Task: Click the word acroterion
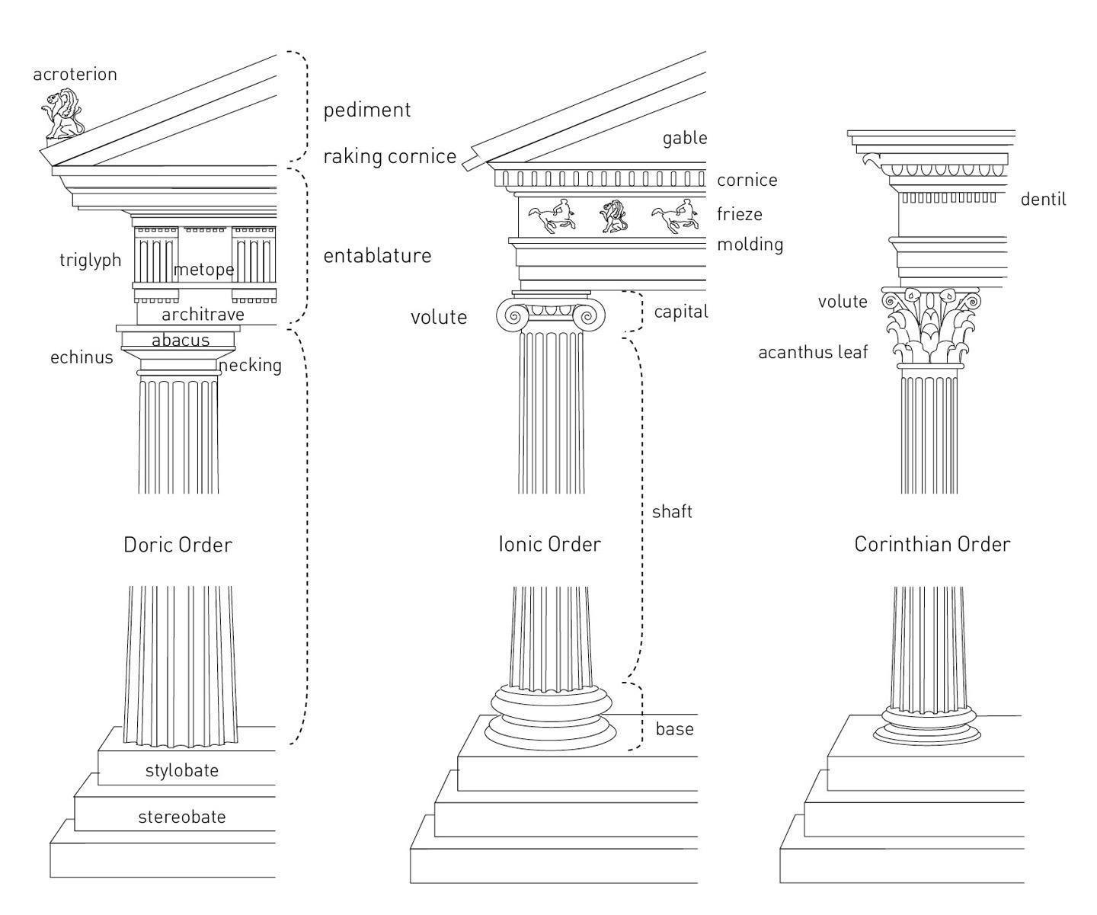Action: (x=75, y=75)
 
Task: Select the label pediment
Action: (x=367, y=110)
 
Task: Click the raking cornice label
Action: (x=389, y=157)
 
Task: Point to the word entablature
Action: (x=377, y=256)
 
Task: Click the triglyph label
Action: (x=91, y=261)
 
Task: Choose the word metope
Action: (x=203, y=270)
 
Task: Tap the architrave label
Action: (x=203, y=315)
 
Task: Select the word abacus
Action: (x=181, y=341)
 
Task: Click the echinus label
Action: (x=82, y=357)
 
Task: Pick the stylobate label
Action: (x=182, y=770)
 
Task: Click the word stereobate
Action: (x=182, y=817)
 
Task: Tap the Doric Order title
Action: (x=178, y=545)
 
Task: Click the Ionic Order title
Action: (x=549, y=544)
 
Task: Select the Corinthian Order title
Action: (x=932, y=544)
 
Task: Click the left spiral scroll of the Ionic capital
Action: (x=513, y=315)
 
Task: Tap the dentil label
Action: (x=1043, y=200)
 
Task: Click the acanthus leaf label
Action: (x=813, y=352)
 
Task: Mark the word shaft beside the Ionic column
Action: (x=672, y=512)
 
